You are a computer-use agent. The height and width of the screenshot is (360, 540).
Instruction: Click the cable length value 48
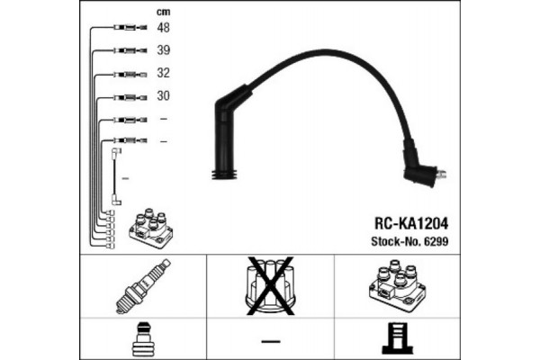click(163, 28)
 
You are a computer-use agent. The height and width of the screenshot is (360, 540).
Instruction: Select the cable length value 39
click(163, 50)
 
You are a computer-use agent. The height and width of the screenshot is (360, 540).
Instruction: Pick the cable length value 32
click(163, 73)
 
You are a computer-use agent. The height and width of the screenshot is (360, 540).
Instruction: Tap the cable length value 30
click(163, 95)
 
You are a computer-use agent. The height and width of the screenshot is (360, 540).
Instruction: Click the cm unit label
click(163, 12)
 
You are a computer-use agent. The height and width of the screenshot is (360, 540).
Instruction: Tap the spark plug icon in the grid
click(145, 284)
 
